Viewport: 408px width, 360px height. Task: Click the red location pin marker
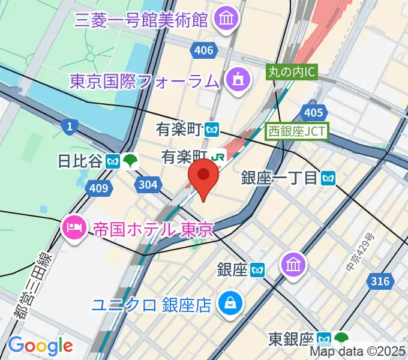coord(203,176)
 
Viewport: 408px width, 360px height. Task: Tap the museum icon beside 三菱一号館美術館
coord(227,20)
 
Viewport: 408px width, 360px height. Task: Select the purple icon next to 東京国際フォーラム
coord(237,79)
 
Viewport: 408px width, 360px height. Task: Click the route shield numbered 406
coord(204,50)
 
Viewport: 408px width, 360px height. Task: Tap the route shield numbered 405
coord(313,112)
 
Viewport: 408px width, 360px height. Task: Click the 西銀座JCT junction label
coord(298,130)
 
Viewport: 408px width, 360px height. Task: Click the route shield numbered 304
coord(148,185)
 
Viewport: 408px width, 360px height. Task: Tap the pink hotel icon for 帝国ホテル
coord(73,229)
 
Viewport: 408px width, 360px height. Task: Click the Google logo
coord(40,345)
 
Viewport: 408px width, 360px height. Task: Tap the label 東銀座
coord(292,338)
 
